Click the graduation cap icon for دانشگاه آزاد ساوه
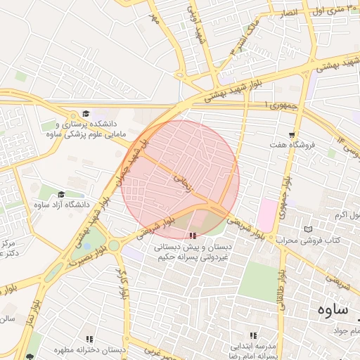[60, 195]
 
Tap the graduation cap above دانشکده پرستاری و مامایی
[86, 113]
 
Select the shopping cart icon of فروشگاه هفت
[292, 134]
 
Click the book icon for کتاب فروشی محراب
[307, 229]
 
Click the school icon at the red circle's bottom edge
[193, 236]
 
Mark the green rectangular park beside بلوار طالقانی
[257, 281]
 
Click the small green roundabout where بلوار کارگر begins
[113, 245]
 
